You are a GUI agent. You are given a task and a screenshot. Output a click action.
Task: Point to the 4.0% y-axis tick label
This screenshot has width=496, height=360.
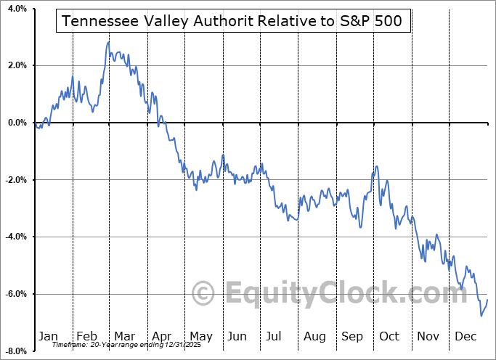(x=15, y=9)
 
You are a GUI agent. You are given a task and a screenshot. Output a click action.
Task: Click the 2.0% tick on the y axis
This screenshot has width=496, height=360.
(x=15, y=66)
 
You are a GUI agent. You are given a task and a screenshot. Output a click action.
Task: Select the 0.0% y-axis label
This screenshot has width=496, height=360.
(x=15, y=123)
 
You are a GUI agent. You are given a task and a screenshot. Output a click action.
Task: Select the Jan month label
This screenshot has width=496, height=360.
(x=47, y=336)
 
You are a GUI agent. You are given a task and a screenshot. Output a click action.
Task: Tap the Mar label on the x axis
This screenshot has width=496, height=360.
(x=124, y=336)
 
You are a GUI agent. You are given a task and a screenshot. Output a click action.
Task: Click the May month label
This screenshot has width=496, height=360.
(x=200, y=336)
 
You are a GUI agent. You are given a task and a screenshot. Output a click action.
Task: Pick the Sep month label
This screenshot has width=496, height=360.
(x=352, y=336)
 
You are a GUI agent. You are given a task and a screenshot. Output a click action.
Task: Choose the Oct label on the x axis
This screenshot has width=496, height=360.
(x=390, y=336)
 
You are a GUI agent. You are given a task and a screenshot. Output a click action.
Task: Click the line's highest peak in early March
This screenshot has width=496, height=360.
(x=108, y=42)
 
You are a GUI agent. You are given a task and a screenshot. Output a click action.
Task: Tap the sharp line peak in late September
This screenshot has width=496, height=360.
(x=376, y=167)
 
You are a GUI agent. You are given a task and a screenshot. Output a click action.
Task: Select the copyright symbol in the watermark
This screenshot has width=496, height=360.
(x=203, y=294)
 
